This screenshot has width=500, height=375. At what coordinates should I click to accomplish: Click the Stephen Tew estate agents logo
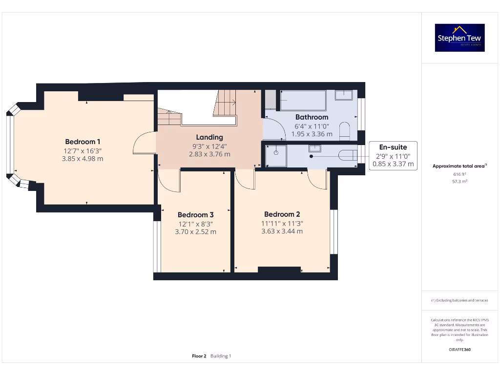460,38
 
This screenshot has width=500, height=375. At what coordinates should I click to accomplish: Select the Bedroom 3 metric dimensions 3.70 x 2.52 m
195,232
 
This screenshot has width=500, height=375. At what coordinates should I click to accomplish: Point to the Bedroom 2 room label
282,214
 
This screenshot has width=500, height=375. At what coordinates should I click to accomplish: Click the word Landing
209,137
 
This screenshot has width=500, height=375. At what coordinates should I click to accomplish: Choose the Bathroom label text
312,117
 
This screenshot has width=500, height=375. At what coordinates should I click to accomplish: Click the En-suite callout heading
393,147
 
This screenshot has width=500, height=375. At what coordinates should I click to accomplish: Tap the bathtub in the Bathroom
303,101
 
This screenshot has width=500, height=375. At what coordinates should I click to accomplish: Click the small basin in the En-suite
314,148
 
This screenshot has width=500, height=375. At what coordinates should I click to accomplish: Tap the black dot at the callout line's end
312,156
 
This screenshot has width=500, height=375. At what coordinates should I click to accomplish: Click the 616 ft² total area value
459,174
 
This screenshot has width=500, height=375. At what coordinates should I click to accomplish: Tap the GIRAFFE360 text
459,350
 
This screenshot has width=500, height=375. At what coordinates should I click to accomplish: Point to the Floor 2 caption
199,356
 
